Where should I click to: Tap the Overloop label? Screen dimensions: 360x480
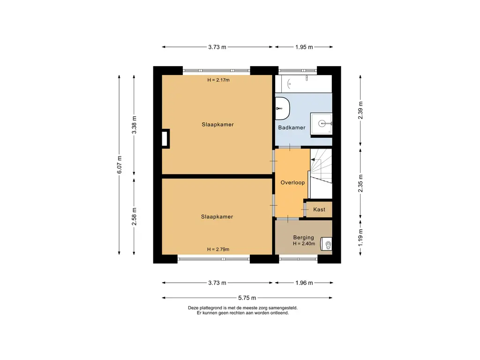[x=292, y=182]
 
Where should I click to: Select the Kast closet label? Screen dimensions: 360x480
[x=319, y=210]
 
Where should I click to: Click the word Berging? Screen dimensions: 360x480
[x=303, y=238]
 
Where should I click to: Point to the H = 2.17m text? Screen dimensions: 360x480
[x=218, y=80]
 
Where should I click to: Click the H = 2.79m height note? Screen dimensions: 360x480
[x=218, y=249]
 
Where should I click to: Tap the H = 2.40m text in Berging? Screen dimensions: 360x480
[x=304, y=244]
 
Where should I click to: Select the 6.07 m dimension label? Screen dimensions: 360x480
[x=120, y=165]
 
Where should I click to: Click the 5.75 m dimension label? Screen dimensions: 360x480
[x=247, y=298]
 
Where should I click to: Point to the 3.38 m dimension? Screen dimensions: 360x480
[x=135, y=125]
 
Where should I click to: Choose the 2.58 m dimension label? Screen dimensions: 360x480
[x=135, y=216]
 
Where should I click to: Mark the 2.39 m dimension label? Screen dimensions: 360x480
[x=360, y=110]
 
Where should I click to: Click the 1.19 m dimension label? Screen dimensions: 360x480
[x=360, y=237]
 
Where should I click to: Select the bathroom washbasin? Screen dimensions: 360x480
[x=323, y=124]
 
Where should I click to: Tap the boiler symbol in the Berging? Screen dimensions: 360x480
[x=327, y=244]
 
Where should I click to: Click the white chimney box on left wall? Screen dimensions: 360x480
[x=165, y=139]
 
